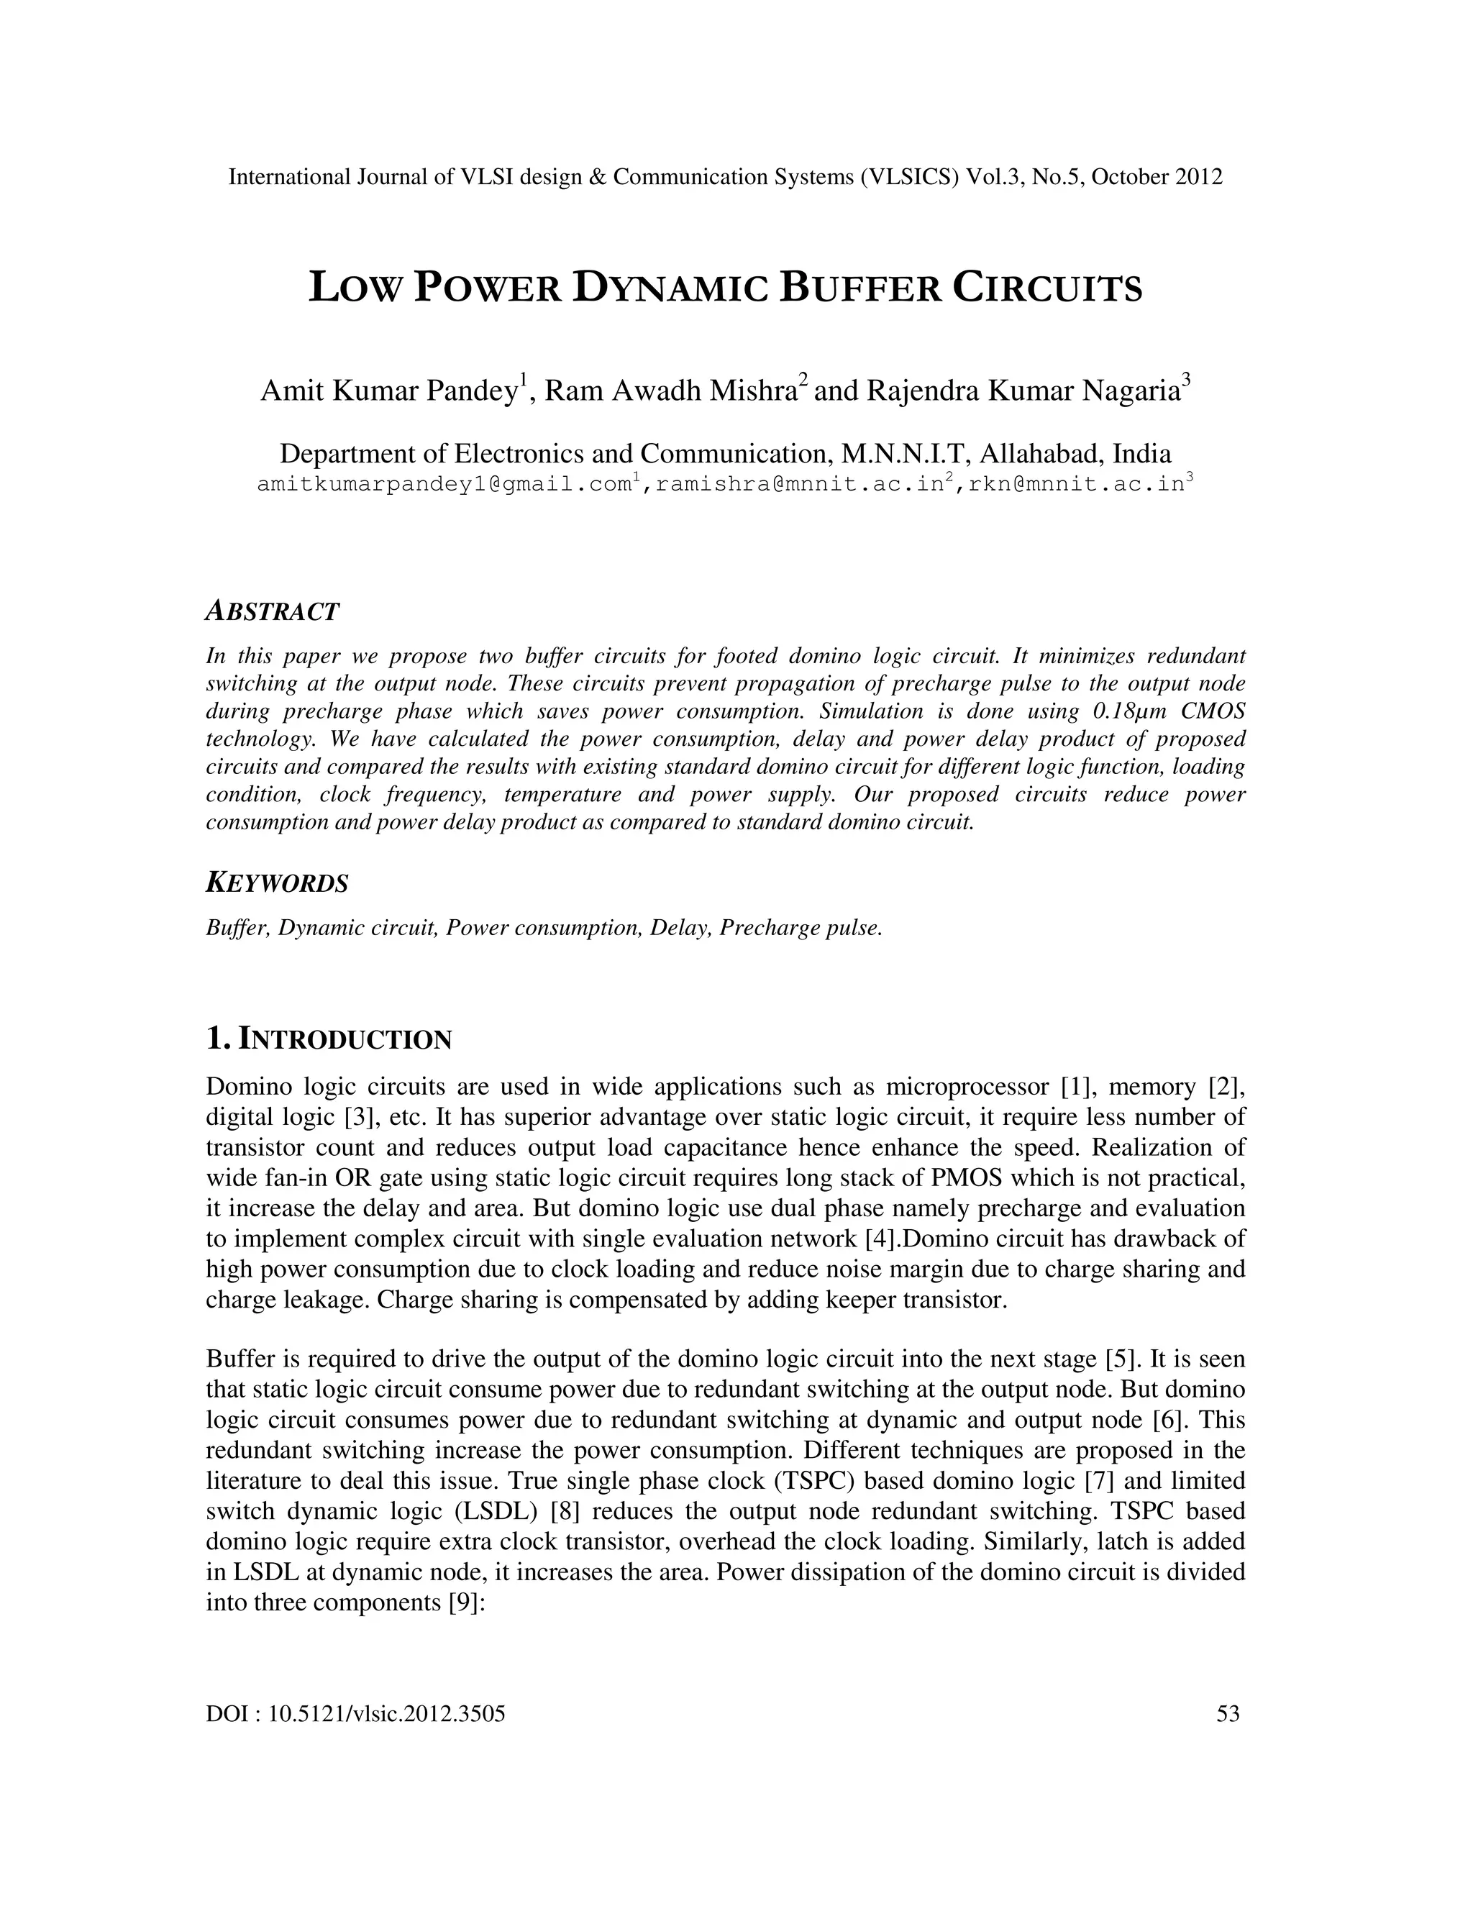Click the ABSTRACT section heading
pos(271,612)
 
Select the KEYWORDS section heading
pos(277,883)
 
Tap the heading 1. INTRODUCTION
pos(329,1039)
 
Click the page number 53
pos(1228,1714)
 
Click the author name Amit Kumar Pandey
pos(389,391)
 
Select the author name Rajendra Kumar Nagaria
pos(1023,391)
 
